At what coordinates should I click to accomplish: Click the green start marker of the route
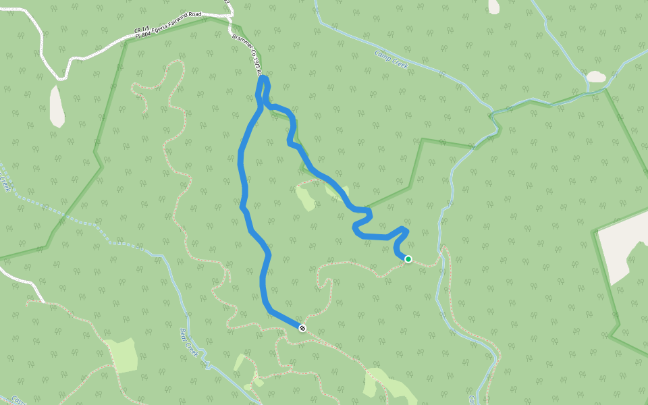click(408, 259)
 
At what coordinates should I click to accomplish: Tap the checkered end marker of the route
click(302, 328)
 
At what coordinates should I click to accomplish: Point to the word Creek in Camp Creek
click(398, 62)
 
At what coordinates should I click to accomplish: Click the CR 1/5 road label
click(142, 30)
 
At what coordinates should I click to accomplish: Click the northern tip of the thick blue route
click(263, 80)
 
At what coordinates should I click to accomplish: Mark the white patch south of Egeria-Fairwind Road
click(57, 106)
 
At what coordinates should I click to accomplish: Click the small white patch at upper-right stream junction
click(596, 77)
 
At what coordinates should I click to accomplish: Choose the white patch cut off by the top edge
click(494, 6)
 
